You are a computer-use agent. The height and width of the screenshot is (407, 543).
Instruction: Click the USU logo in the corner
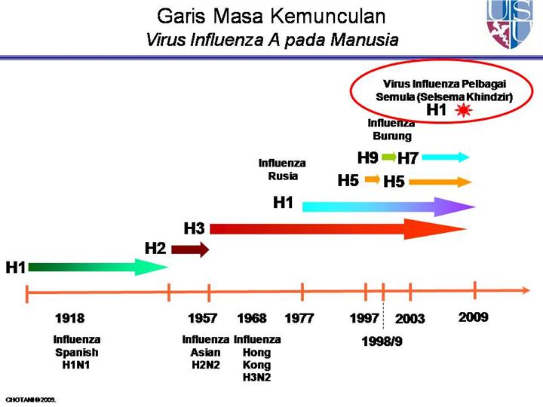coord(513,24)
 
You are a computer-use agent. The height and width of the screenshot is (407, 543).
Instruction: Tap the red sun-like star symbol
coord(463,111)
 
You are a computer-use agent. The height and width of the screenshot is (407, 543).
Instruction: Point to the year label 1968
coord(252,318)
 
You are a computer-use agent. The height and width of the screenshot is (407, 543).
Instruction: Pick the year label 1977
coord(299,318)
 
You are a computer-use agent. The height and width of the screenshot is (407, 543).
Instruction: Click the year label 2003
coord(410,319)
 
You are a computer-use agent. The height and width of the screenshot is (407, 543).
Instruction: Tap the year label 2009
coord(474,317)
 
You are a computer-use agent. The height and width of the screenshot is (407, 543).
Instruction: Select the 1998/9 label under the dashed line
coord(382,341)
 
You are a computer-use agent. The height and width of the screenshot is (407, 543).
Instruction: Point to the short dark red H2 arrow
coord(189,250)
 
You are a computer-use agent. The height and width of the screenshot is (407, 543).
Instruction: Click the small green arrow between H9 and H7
coord(388,158)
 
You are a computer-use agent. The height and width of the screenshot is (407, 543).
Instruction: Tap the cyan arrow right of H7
coord(446,157)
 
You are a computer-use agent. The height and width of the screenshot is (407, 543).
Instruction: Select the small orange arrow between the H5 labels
coord(372,180)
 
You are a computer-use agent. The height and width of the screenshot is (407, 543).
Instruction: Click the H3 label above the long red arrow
coord(195,228)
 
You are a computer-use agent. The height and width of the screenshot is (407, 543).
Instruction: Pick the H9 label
coord(367,158)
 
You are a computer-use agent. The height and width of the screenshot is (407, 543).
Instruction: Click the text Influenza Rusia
coord(282,170)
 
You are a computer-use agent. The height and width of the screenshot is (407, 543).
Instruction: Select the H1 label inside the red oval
coord(437,110)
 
